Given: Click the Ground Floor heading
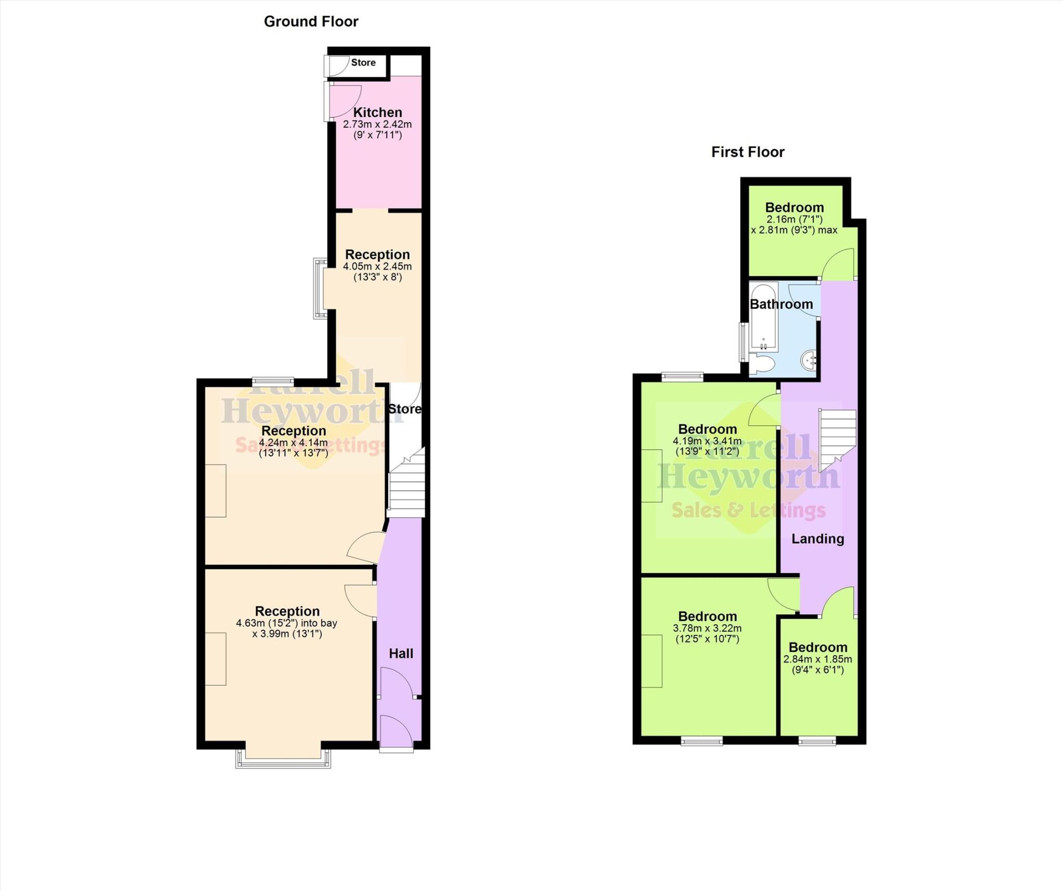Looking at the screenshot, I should [311, 21].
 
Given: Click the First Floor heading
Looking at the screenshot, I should [747, 152].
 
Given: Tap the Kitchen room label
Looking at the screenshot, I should [377, 112].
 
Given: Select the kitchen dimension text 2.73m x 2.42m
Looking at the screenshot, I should [377, 125].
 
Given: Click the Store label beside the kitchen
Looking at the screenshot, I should [363, 62].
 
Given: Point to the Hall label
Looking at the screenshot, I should [401, 653].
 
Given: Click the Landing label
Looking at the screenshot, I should [817, 538].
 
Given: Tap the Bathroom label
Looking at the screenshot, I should [781, 304].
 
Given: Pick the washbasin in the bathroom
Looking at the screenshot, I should [810, 359].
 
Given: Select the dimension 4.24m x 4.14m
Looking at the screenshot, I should [293, 443].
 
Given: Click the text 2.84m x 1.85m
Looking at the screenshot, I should [817, 659].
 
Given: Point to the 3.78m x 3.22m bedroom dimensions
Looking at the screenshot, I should [707, 628].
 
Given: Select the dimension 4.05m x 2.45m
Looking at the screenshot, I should [377, 266].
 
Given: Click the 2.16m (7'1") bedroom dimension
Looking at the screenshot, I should [794, 219].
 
